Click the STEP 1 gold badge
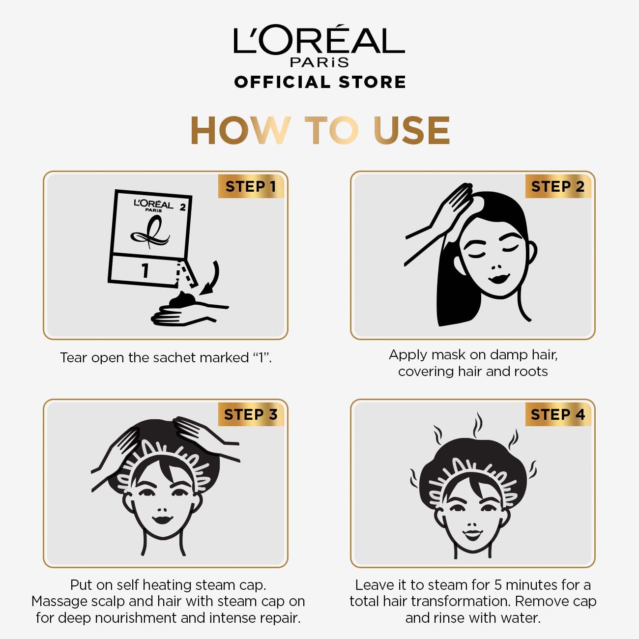pos(251,186)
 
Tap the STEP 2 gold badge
pos(558,186)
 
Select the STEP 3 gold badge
pos(251,414)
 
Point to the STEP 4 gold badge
pos(558,414)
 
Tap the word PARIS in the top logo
pos(319,62)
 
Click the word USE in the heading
pos(411,130)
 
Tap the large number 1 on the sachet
pos(145,270)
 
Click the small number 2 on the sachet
pos(182,207)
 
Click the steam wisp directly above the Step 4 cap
pos(477,426)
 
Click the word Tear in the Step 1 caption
pos(74,357)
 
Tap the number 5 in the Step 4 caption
pos(498,585)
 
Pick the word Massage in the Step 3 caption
pos(59,602)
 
